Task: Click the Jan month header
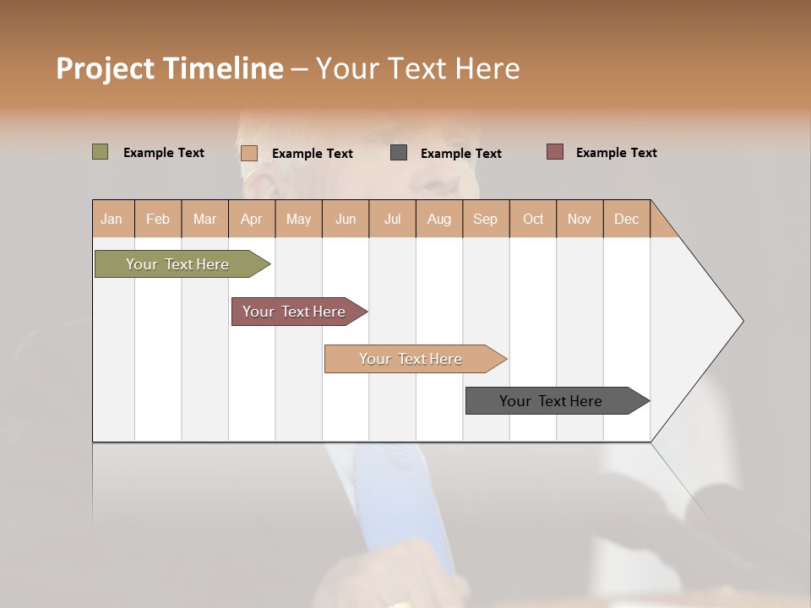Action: [112, 219]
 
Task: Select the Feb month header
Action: [158, 219]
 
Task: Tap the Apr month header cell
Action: [252, 219]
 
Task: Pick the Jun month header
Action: [346, 219]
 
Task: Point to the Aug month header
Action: [439, 219]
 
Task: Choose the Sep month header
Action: [486, 219]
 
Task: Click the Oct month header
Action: [533, 219]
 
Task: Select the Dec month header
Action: [627, 219]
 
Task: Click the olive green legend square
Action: [100, 152]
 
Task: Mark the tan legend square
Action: [249, 153]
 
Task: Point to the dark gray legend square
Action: [399, 153]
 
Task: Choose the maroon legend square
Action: [554, 152]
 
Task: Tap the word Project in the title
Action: [105, 68]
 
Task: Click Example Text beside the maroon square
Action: [616, 153]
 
